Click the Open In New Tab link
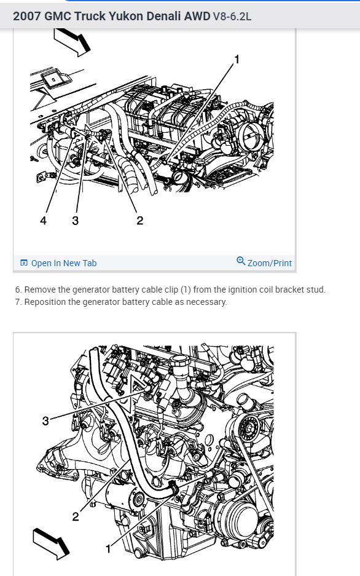pyautogui.click(x=63, y=263)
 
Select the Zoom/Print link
pyautogui.click(x=269, y=263)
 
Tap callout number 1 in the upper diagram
pyautogui.click(x=237, y=59)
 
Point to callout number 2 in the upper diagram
pyautogui.click(x=139, y=221)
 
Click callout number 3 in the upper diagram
pyautogui.click(x=75, y=221)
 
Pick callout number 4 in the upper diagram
pyautogui.click(x=43, y=221)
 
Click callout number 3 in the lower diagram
pyautogui.click(x=45, y=420)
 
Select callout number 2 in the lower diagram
pyautogui.click(x=75, y=516)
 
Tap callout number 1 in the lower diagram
pyautogui.click(x=108, y=549)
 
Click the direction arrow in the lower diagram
pyautogui.click(x=51, y=543)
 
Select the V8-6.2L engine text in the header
pyautogui.click(x=232, y=17)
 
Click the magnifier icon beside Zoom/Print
pyautogui.click(x=241, y=261)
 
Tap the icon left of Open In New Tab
pyautogui.click(x=24, y=262)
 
